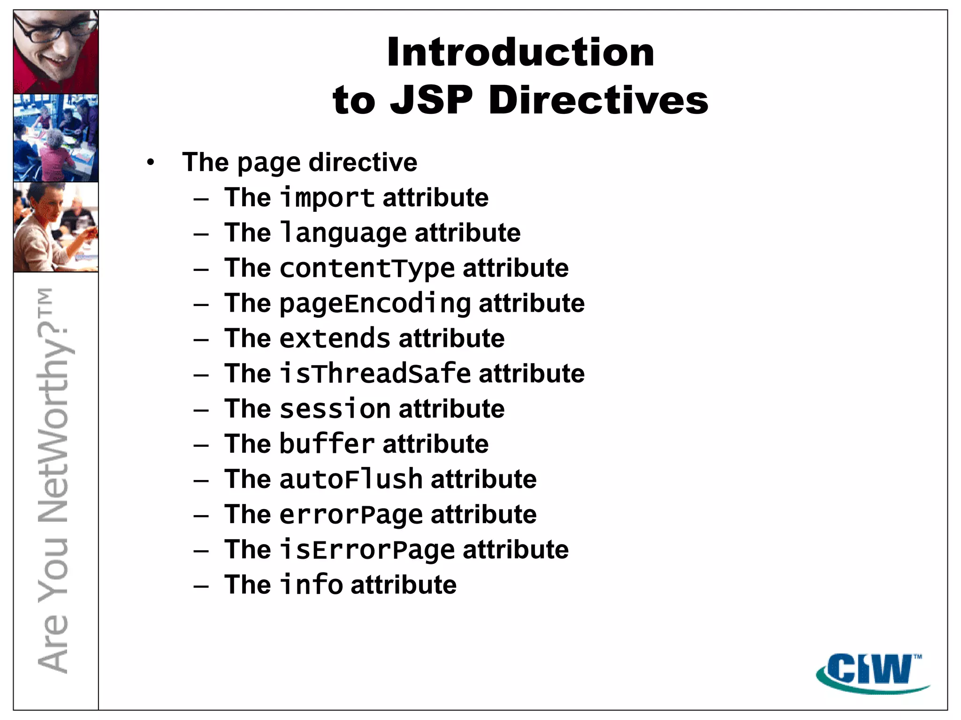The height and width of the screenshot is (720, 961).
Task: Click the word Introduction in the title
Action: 520,52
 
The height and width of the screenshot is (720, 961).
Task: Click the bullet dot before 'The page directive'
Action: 150,163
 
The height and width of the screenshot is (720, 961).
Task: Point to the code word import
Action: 327,198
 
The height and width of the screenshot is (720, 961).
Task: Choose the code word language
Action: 343,233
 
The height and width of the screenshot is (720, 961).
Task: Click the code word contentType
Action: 367,268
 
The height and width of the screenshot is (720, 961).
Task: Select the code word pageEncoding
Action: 375,303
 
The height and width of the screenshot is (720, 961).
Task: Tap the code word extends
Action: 335,338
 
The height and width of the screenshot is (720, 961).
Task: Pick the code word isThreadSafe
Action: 375,374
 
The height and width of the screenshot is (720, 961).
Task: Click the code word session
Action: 335,409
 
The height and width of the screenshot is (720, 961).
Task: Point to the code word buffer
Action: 327,444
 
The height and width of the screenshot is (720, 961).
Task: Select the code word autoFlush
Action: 351,479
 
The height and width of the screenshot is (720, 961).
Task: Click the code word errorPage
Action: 351,514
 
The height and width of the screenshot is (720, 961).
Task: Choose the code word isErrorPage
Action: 367,549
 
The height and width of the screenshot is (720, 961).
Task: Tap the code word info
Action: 311,585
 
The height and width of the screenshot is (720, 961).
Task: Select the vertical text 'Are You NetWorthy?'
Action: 53,480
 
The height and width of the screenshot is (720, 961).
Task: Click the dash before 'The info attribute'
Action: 201,586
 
